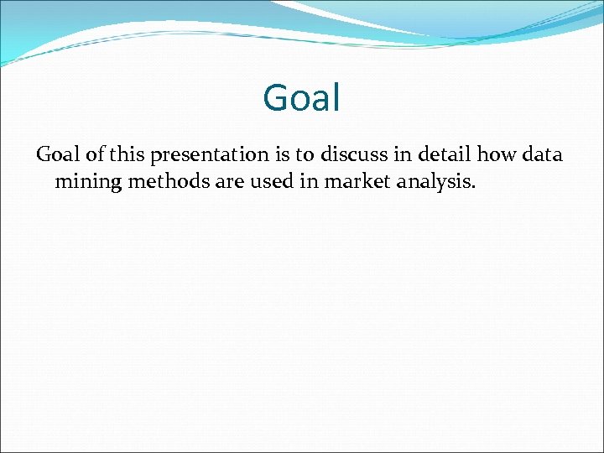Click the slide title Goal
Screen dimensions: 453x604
pyautogui.click(x=301, y=97)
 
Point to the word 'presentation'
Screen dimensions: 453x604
pyautogui.click(x=206, y=155)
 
